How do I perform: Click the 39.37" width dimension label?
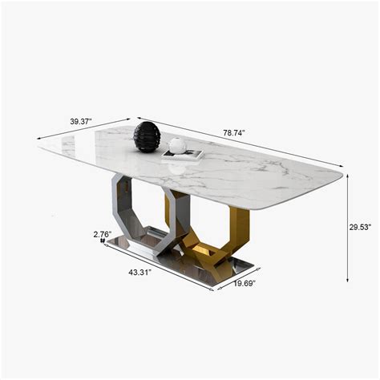coord(80,121)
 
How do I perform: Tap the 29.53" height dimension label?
coord(360,227)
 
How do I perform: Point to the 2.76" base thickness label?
coord(101,234)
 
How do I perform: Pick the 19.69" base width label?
coord(245,282)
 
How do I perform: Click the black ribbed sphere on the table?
coord(147,136)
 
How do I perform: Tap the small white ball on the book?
coord(177,145)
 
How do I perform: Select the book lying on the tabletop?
coord(183,156)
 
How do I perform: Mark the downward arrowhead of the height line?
coord(347,280)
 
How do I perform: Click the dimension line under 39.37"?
coord(84,131)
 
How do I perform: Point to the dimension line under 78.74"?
coord(241,145)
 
